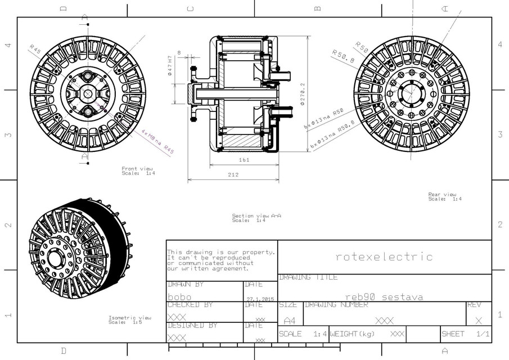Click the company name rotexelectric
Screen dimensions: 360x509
tap(384, 257)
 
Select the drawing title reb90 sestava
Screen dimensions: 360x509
tap(384, 296)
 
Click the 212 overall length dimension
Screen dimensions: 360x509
tap(233, 175)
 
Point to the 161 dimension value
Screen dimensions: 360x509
tap(244, 160)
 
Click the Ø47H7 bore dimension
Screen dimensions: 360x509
tap(169, 65)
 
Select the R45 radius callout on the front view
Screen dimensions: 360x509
tap(35, 49)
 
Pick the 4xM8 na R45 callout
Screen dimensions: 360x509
tap(157, 142)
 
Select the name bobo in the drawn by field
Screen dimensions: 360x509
tap(179, 297)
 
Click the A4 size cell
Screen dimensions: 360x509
tap(289, 320)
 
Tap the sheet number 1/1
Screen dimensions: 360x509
tap(482, 334)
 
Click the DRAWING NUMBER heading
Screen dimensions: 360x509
tap(336, 305)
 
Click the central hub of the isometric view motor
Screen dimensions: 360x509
tap(56, 258)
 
